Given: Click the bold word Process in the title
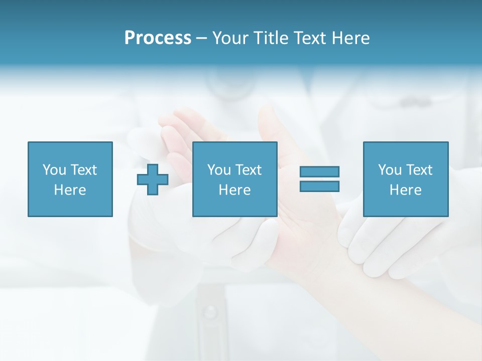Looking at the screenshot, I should [x=158, y=38].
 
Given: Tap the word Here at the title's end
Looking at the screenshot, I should [x=350, y=38].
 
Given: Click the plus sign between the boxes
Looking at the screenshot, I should [x=153, y=180].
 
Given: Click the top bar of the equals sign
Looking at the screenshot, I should [x=319, y=171].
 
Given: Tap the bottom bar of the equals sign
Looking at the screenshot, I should [x=319, y=186].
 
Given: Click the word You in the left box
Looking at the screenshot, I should [x=54, y=169].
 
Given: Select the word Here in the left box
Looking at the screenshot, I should [x=70, y=190].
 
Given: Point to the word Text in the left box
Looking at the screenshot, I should [x=83, y=169].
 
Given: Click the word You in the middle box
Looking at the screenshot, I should [x=219, y=169].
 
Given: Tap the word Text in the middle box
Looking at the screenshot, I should [x=248, y=169].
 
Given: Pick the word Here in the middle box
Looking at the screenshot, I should [x=234, y=190].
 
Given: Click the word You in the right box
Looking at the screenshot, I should [x=390, y=169].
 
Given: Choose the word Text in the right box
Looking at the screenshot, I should [x=419, y=169].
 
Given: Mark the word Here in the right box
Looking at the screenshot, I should [x=405, y=190].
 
